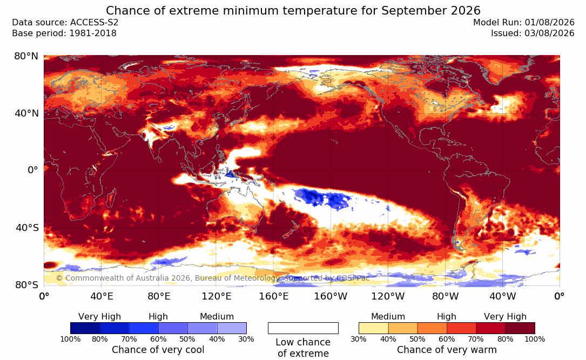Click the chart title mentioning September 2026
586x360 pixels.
click(293, 10)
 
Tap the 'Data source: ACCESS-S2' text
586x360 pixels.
click(65, 23)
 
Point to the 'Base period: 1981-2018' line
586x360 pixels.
click(64, 33)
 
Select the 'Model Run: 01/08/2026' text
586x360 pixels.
click(523, 23)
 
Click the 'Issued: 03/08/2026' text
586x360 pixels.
click(533, 33)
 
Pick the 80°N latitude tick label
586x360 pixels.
click(26, 56)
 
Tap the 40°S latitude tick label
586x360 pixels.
click(26, 227)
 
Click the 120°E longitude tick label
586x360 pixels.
click(217, 296)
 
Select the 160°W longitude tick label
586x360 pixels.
click(331, 296)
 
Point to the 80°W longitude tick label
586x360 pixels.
click(445, 296)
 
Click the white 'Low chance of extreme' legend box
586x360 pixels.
click(303, 328)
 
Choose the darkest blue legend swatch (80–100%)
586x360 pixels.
click(85, 328)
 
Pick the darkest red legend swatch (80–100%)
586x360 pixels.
click(520, 328)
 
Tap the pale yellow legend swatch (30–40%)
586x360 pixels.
click(373, 328)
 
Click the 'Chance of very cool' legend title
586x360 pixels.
click(158, 350)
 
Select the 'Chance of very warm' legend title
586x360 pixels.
click(447, 350)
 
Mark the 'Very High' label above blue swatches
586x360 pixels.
click(100, 317)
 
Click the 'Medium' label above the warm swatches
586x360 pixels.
click(388, 317)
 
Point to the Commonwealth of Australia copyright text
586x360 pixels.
click(213, 278)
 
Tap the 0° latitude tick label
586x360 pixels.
click(33, 170)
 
